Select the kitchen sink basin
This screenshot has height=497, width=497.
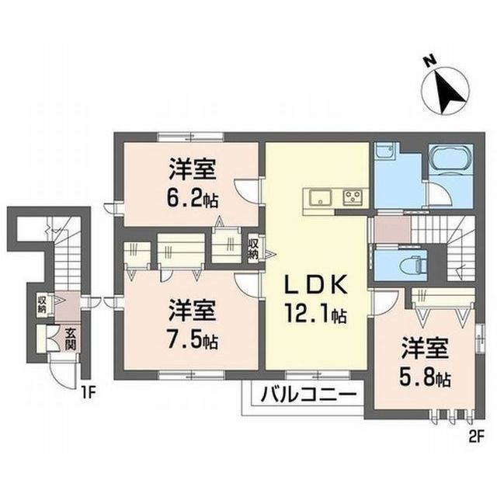320,197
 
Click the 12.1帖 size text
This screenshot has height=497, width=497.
315,313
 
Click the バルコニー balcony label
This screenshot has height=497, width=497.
308,395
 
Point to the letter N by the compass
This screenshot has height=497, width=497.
429,61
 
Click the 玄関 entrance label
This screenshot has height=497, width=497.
71,339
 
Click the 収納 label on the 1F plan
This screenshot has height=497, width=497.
42,304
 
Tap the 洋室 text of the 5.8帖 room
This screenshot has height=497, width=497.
425,349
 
